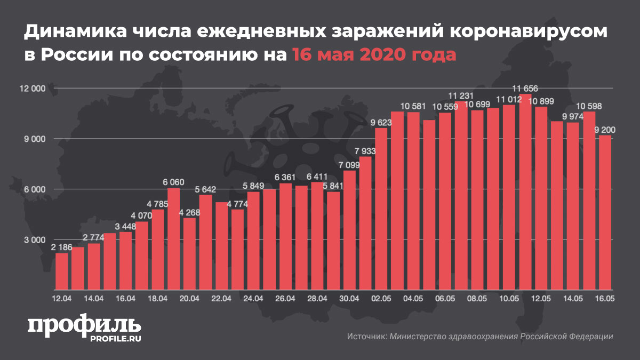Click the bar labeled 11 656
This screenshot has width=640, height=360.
pos(525,192)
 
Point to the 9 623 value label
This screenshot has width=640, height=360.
pos(381,123)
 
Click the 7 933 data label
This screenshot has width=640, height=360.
pos(365,151)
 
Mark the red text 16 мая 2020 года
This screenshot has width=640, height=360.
pos(373,54)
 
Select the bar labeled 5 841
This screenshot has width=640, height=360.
pos(333,241)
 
